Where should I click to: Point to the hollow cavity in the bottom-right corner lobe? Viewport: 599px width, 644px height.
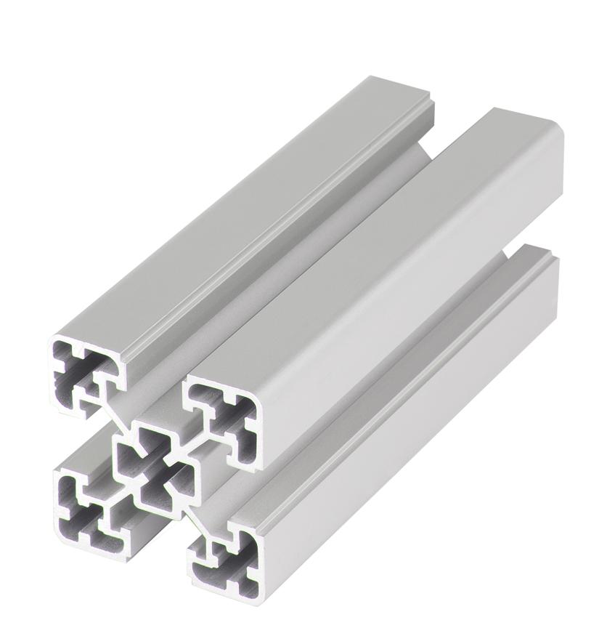231,560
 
